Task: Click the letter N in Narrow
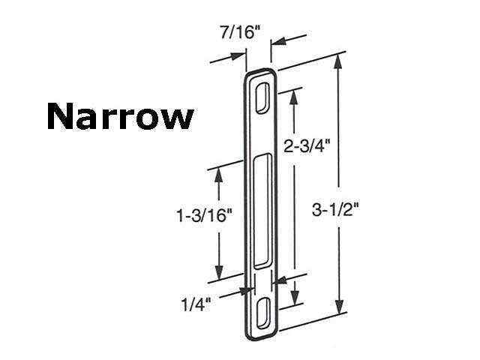(60, 116)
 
